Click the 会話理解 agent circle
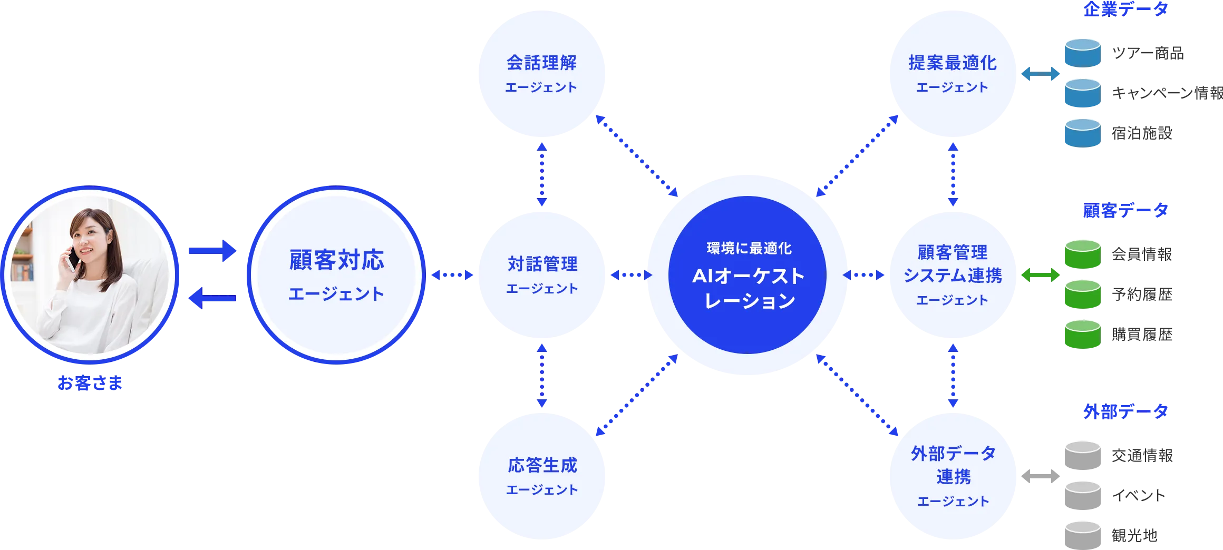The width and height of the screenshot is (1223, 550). tap(541, 74)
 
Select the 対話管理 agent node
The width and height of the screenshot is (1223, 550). tap(541, 274)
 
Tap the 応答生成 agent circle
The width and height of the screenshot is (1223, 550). tap(541, 476)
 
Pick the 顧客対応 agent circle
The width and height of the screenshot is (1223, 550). tap(336, 274)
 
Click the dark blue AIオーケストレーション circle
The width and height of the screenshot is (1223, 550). tap(748, 274)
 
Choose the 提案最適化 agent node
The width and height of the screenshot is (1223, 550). tap(953, 74)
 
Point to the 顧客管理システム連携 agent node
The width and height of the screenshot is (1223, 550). tap(953, 274)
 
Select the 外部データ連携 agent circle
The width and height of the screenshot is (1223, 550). tap(953, 476)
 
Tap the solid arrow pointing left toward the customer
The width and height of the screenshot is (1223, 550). tap(211, 299)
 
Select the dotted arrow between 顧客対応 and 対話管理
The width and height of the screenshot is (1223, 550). tap(452, 274)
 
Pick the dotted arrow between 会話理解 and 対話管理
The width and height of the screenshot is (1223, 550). tap(542, 174)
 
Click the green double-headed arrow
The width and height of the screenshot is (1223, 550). tap(1040, 274)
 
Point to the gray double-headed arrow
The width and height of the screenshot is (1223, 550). tap(1040, 476)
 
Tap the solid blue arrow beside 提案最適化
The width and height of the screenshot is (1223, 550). tap(1040, 74)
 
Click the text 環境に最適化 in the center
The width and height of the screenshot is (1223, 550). tap(749, 248)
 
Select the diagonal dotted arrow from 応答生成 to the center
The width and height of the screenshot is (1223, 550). tap(637, 396)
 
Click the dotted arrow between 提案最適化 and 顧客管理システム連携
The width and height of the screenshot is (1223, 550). tap(953, 174)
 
